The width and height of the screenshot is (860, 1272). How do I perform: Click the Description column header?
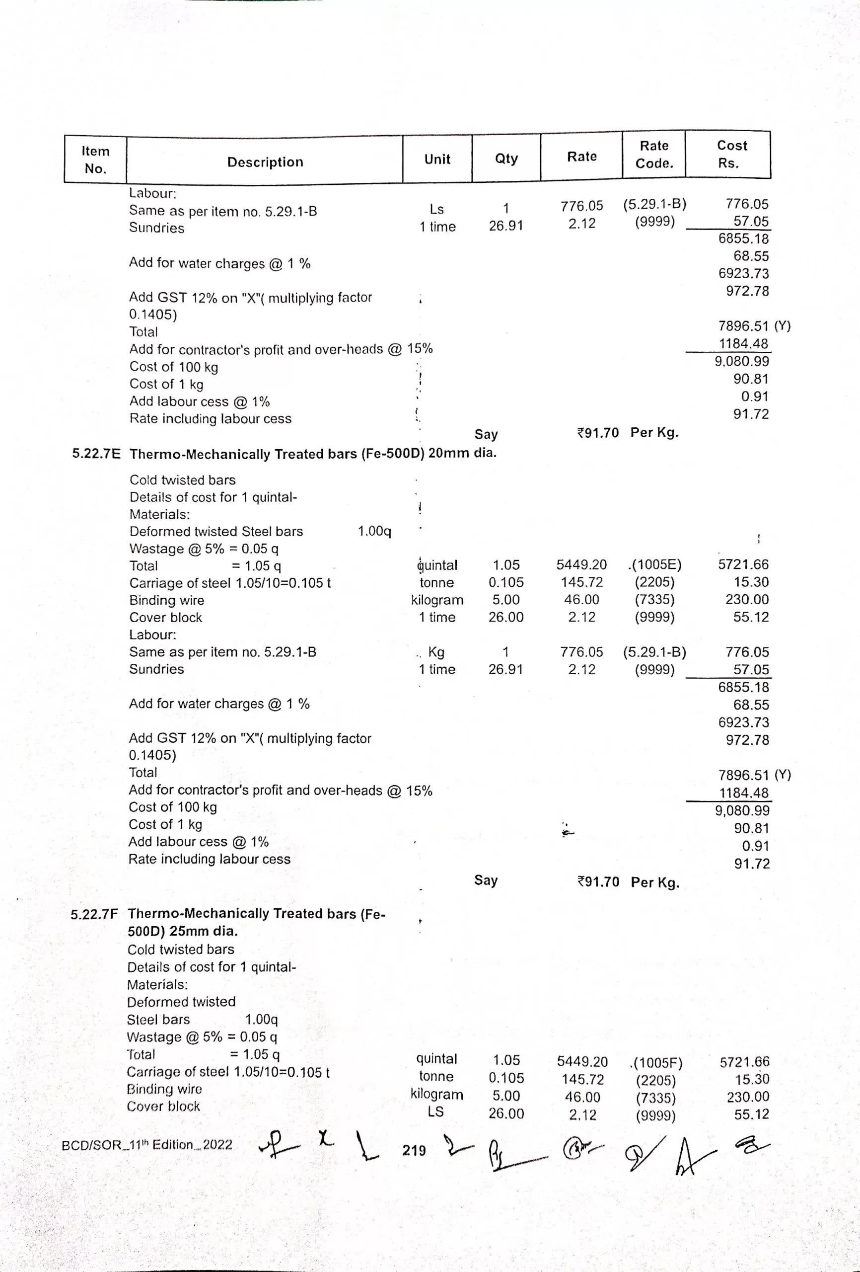pos(265,162)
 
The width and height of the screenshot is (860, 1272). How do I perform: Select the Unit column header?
pos(437,159)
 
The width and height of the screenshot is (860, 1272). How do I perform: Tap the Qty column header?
pos(506,158)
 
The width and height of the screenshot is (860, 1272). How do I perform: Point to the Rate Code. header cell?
pos(654,155)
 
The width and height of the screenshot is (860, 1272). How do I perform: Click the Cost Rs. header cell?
pos(731,154)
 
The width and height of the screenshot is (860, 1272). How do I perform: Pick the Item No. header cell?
pos(96,159)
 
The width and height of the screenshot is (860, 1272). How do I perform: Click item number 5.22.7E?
pos(96,454)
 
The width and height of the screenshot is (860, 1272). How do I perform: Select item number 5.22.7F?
pos(94,914)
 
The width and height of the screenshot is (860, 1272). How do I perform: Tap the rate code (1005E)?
pos(656,564)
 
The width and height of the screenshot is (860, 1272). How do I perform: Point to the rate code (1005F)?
pos(657,1062)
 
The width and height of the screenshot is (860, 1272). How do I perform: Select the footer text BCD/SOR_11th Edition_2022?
pos(146,1144)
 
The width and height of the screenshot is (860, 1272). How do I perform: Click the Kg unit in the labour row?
pos(436,652)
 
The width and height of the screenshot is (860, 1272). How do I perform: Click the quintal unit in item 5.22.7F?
pos(436,1058)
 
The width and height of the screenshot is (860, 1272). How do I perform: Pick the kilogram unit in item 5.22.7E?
pos(437,600)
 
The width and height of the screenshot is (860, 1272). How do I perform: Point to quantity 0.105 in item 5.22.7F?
pos(506,1078)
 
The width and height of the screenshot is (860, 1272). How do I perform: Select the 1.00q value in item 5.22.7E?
pos(374,531)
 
